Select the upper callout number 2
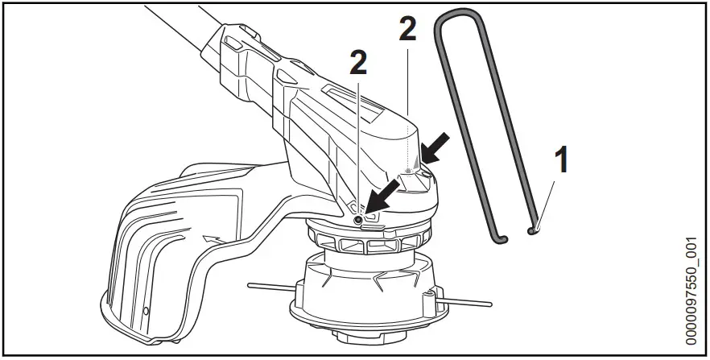point(409,31)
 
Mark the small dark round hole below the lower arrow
point(358,219)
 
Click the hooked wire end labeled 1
point(532,230)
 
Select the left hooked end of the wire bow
point(499,238)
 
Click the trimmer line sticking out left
point(270,283)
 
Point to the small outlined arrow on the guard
point(210,239)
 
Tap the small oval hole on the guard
point(145,310)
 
